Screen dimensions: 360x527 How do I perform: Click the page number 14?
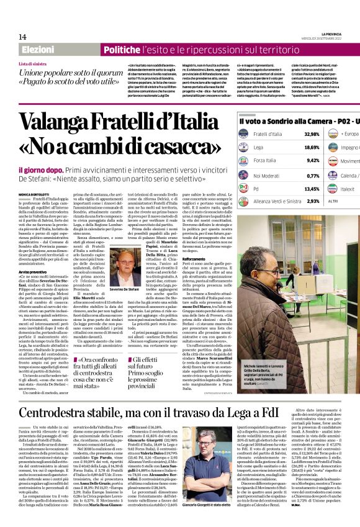(22, 37)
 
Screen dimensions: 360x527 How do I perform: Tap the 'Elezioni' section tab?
(38, 50)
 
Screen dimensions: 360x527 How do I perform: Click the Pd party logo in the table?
(245, 188)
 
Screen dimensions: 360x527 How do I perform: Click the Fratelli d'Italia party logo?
(245, 134)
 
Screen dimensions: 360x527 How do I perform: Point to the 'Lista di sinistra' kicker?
(33, 64)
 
